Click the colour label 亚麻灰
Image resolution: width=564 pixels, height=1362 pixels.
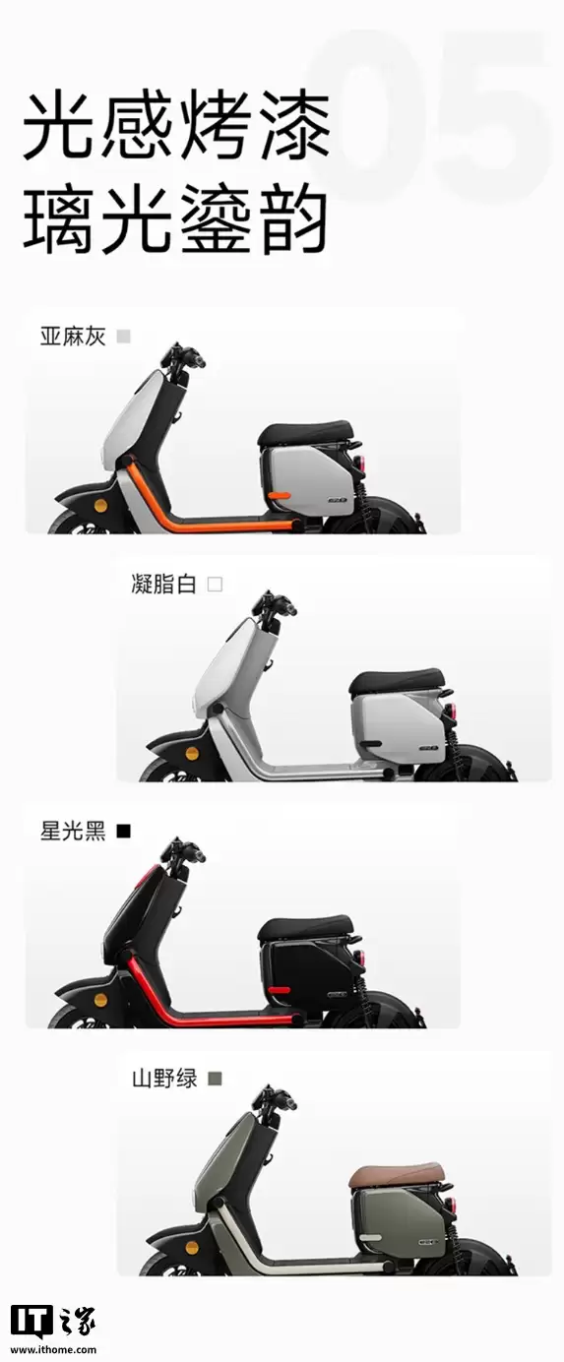[x=72, y=337]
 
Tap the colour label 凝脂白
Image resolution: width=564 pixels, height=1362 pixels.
[x=163, y=585]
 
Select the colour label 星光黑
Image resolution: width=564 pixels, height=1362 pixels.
[x=72, y=832]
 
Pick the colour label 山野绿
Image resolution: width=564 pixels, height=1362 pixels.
[x=164, y=1079]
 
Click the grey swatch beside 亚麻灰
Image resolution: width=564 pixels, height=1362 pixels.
[x=123, y=337]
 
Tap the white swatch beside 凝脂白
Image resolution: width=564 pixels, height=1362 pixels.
[x=215, y=585]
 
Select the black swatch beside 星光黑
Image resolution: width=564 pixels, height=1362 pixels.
[x=123, y=832]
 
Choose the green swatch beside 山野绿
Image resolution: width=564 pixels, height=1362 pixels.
[x=215, y=1079]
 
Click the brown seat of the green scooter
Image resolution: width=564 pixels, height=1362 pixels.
[x=396, y=1173]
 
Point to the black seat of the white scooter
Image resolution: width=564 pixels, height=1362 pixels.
[x=396, y=680]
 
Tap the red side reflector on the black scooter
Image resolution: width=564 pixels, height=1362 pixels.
[x=279, y=987]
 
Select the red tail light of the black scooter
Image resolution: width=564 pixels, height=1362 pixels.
[x=362, y=957]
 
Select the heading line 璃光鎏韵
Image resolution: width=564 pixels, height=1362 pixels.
[x=175, y=223]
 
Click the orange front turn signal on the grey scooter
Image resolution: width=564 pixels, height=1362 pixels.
[x=100, y=505]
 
